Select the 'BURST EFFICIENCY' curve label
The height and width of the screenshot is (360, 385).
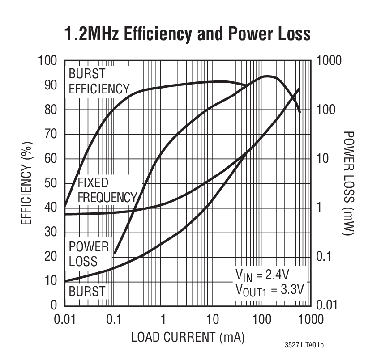(98, 81)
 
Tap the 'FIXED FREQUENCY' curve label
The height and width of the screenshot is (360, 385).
(107, 190)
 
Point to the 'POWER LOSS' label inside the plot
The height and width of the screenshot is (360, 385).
(89, 254)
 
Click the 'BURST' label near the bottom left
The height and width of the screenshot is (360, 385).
(86, 292)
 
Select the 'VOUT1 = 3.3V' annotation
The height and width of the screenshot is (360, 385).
(270, 289)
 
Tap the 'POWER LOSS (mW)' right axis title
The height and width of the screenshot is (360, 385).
(349, 183)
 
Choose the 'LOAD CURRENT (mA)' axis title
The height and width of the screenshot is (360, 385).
(188, 337)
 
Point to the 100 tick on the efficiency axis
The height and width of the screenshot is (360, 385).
(47, 61)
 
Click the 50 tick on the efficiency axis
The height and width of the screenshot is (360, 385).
(51, 183)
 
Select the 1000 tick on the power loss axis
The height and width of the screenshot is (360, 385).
(329, 61)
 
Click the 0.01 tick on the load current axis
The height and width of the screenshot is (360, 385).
(65, 319)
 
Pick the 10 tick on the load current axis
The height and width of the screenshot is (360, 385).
(212, 319)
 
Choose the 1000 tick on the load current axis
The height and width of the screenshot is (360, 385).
(309, 319)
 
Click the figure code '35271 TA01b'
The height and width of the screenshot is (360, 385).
(304, 345)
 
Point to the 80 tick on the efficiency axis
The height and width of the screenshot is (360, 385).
(51, 110)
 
